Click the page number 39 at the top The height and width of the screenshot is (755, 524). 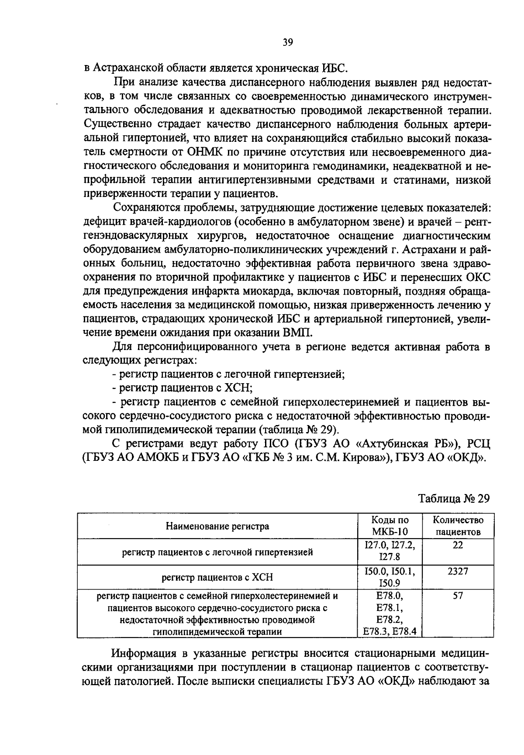[x=288, y=42]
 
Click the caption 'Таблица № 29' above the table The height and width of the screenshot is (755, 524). [x=454, y=498]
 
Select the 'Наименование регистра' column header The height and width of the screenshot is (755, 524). [x=217, y=526]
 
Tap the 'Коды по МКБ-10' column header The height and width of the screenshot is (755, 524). [x=390, y=526]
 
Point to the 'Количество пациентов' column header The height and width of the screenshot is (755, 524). [x=458, y=526]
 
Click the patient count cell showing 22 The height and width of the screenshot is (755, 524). [x=458, y=545]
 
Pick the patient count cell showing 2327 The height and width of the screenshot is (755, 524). [x=458, y=571]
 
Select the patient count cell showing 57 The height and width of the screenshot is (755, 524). [x=458, y=596]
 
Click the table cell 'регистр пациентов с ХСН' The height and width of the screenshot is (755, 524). [x=217, y=577]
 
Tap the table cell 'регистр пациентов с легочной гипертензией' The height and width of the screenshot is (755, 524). [x=217, y=552]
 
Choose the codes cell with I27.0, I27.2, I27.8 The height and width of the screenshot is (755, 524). [x=390, y=551]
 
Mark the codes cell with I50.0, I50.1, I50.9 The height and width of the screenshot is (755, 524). [x=390, y=577]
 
